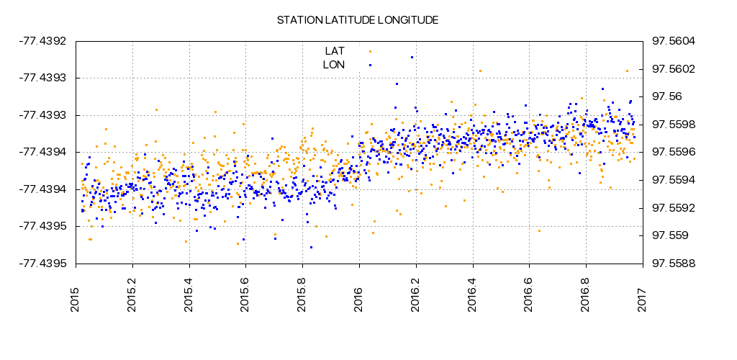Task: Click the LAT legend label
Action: click(x=335, y=51)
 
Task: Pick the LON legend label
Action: click(x=334, y=65)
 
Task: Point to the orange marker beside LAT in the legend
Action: click(x=370, y=51)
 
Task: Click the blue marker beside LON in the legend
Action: click(x=370, y=65)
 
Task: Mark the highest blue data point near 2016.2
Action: click(x=412, y=57)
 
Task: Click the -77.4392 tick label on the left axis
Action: click(x=42, y=41)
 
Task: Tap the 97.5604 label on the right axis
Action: click(x=673, y=41)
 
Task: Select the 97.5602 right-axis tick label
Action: click(x=673, y=69)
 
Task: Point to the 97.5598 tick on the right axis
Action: click(x=673, y=125)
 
